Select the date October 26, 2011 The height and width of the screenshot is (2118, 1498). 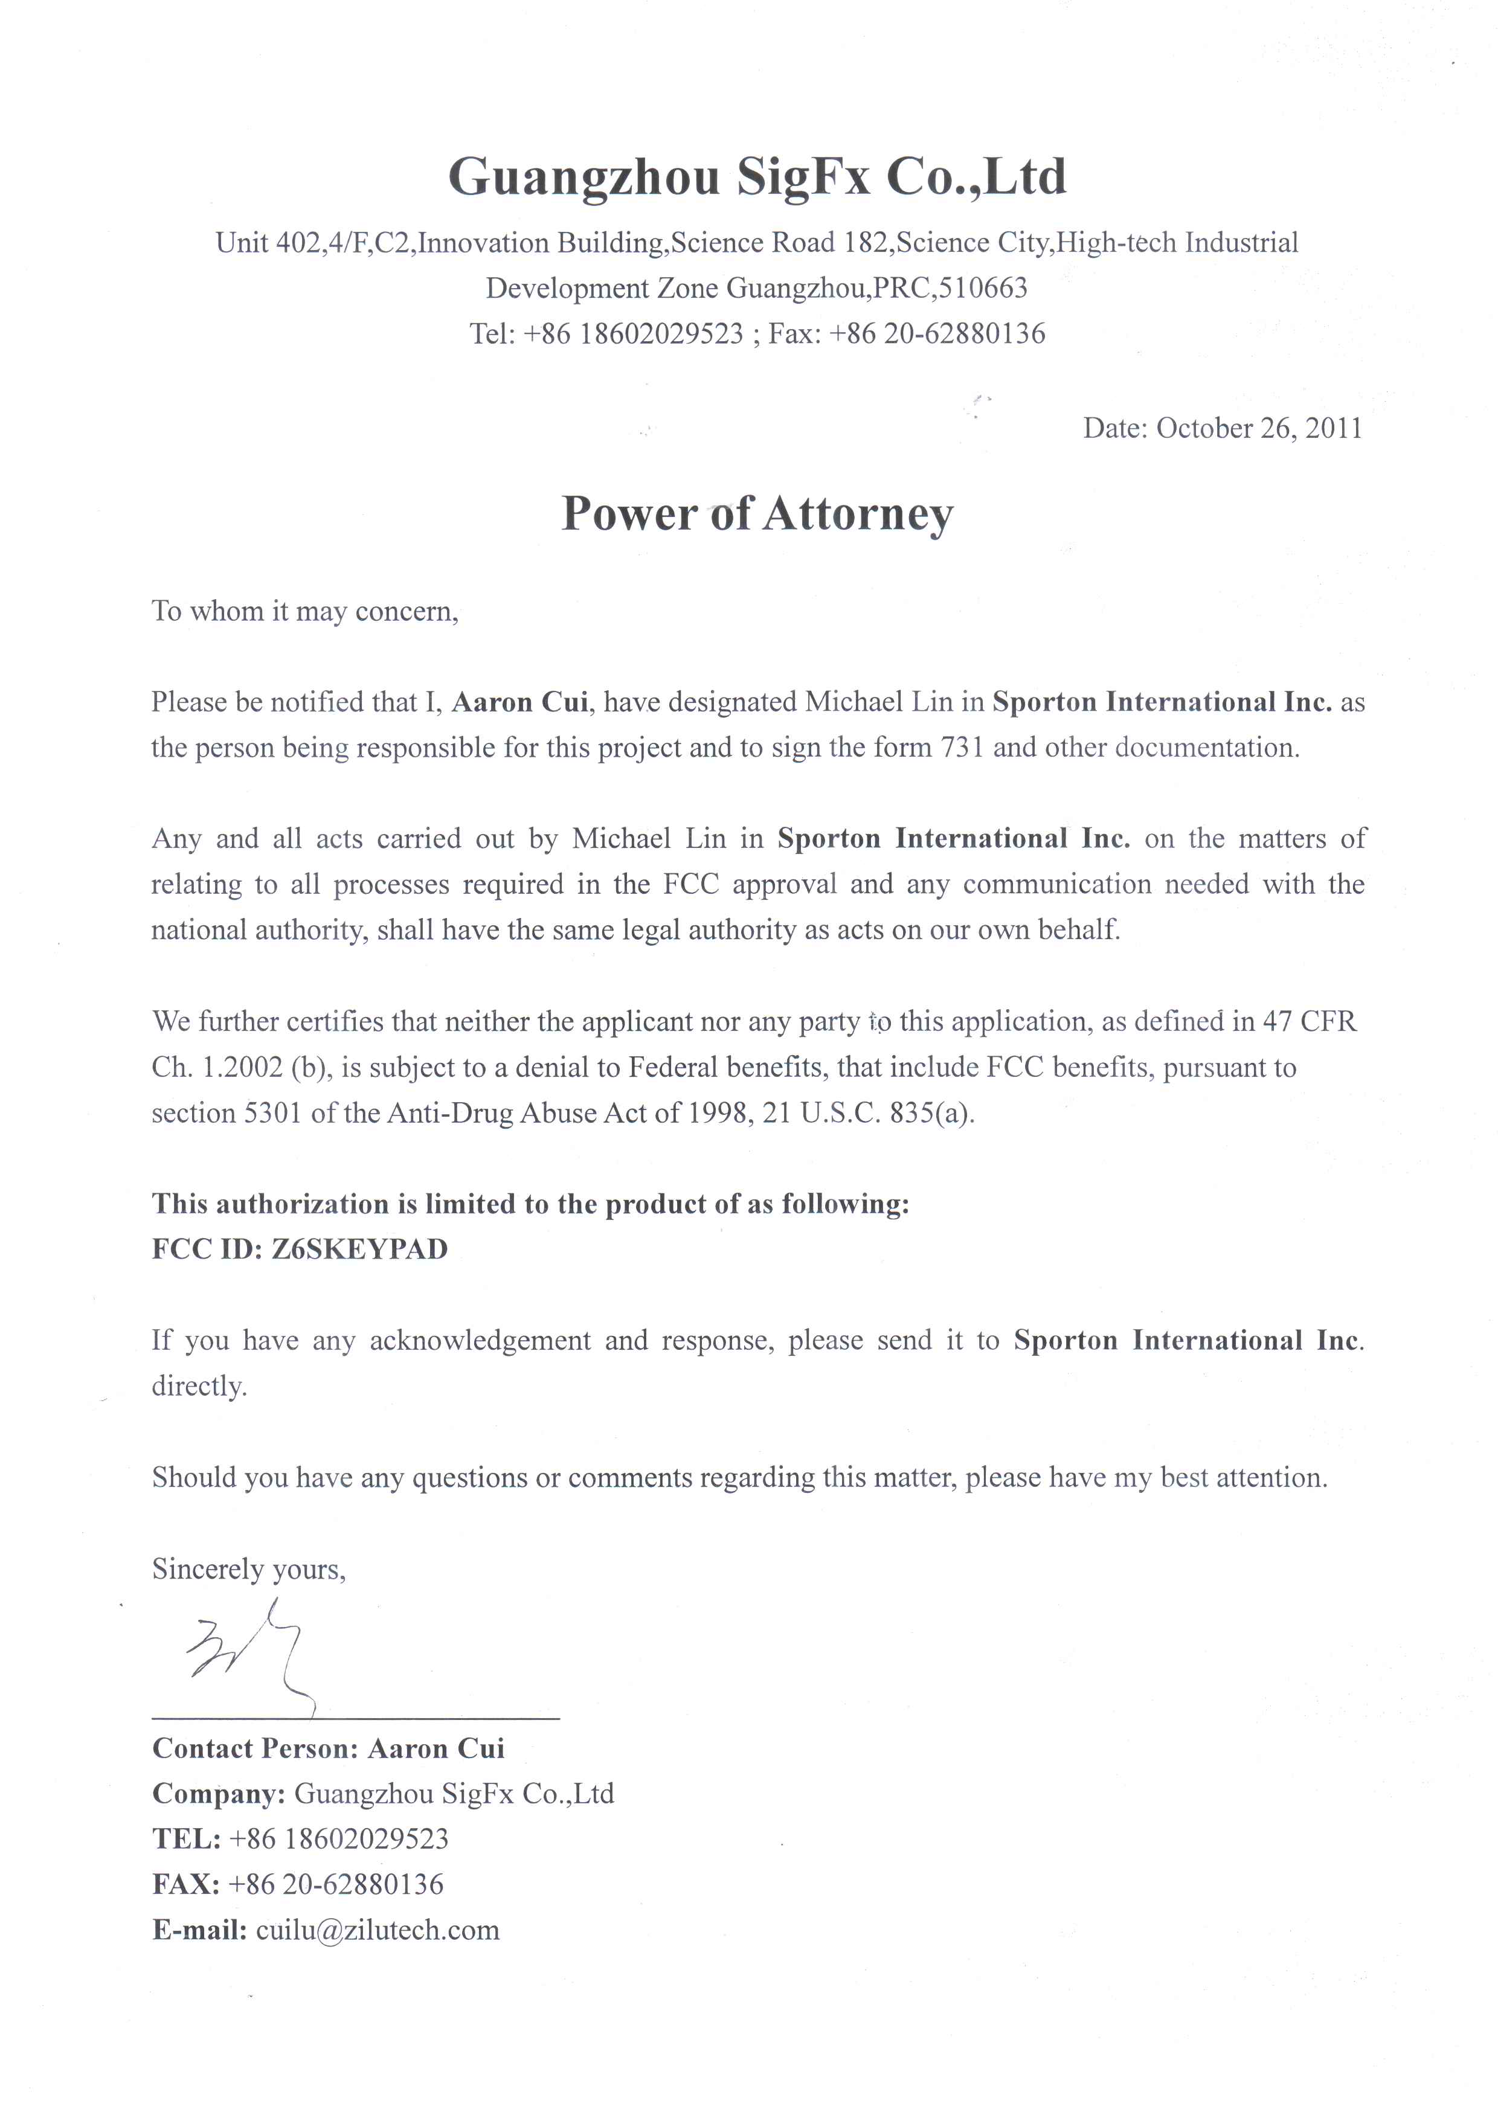(x=1258, y=428)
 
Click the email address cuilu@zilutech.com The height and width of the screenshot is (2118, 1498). (x=378, y=1930)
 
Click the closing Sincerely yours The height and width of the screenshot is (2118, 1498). (x=249, y=1569)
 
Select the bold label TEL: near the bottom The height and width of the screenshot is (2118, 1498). (x=186, y=1838)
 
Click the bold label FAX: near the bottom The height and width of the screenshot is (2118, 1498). (x=186, y=1884)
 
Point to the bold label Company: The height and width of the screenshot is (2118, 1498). (x=219, y=1793)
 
